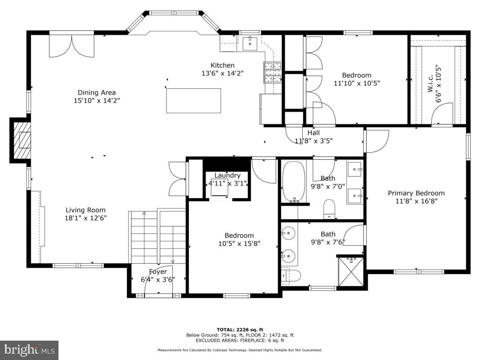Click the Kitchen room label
point(223,65)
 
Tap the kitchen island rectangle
point(193,100)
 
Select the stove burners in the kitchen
point(272,72)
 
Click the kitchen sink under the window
point(250,44)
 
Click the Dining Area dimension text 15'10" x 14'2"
point(97,101)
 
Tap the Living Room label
point(85,210)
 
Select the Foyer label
point(158,272)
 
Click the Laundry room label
point(227,175)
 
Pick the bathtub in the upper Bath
point(293,181)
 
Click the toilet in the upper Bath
point(330,209)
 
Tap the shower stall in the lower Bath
point(351,271)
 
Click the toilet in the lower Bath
point(290,275)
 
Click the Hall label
point(314,133)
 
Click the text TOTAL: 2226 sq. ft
point(240,330)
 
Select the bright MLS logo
point(29,350)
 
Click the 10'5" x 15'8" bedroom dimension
point(239,243)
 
